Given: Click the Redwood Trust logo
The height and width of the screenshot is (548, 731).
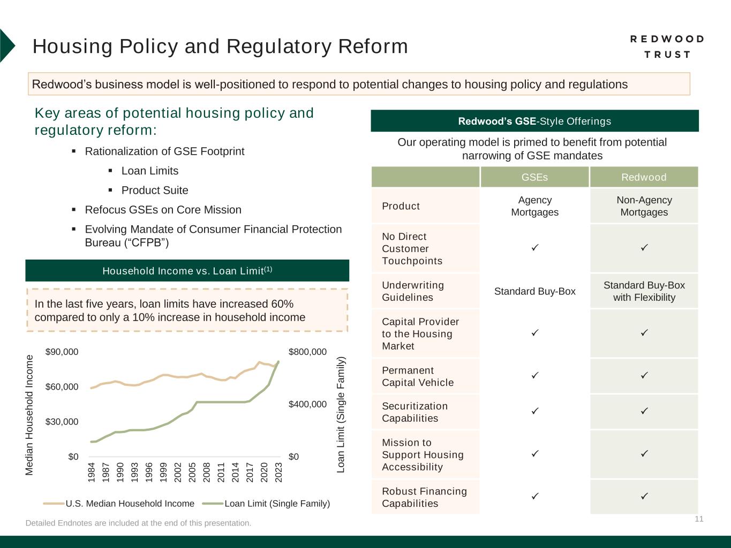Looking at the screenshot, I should (x=667, y=47).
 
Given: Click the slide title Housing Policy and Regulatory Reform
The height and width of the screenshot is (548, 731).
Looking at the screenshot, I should (x=220, y=47).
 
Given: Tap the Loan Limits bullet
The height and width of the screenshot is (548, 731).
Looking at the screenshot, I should (x=149, y=171).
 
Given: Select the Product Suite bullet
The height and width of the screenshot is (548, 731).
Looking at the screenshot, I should (x=154, y=191).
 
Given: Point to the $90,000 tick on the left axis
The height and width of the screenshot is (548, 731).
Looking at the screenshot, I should (x=62, y=352).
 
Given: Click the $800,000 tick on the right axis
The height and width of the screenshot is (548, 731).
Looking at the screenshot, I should (x=307, y=352).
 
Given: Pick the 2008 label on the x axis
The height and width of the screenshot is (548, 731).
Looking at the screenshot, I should (x=207, y=473).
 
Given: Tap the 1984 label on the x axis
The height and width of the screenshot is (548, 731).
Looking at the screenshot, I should (x=92, y=473).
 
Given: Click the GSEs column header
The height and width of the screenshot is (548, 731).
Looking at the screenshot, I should (x=534, y=177).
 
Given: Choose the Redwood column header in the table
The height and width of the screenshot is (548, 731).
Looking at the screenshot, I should (x=644, y=177).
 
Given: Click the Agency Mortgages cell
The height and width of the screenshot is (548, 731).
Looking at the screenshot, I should (x=534, y=206).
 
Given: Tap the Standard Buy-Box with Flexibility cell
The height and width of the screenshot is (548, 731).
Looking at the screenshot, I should (x=644, y=291).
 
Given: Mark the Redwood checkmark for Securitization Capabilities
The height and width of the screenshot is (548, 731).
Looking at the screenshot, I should (x=644, y=411).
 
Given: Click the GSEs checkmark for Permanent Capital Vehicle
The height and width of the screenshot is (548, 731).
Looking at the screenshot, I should (x=534, y=376).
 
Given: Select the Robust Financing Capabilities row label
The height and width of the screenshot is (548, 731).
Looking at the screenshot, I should (x=424, y=497).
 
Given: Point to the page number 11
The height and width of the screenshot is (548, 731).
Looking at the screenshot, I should (x=699, y=519).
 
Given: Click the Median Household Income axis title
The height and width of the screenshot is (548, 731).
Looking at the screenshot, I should (x=29, y=415).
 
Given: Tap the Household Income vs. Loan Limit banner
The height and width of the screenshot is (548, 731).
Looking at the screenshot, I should (x=187, y=271).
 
